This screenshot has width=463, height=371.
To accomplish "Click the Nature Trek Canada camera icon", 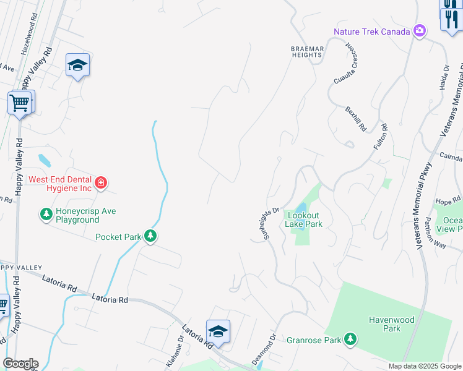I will tap(420, 31).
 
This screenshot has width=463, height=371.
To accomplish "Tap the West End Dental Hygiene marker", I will tap(101, 184).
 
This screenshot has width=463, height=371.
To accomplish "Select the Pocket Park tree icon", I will tap(150, 236).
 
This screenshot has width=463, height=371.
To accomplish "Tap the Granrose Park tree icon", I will tap(351, 339).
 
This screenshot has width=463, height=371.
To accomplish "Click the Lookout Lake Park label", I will tap(303, 220).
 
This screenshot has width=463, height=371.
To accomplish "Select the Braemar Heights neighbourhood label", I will tap(307, 51).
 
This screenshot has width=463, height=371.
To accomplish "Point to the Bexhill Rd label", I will tap(356, 117).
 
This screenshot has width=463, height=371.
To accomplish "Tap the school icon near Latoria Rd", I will tap(218, 332).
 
